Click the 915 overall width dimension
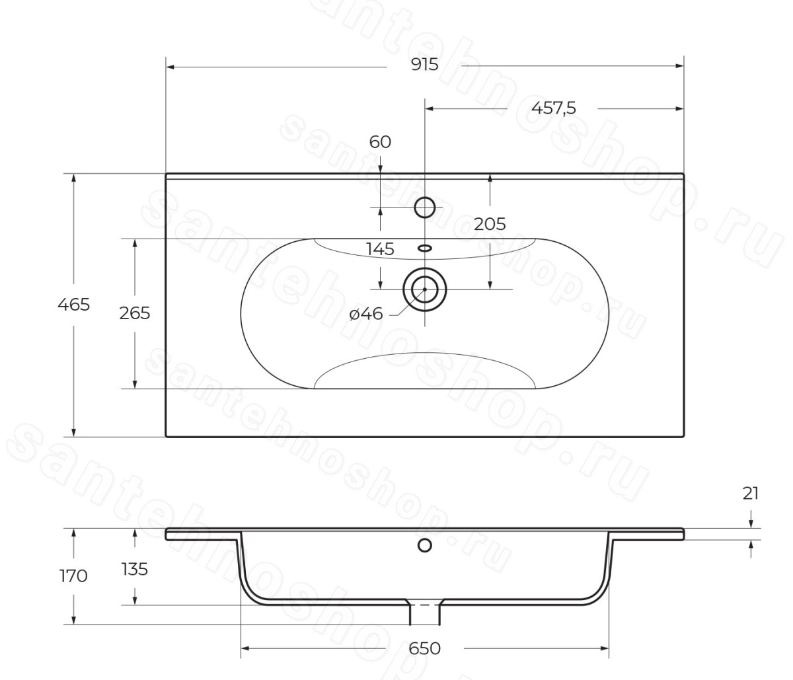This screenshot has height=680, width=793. [424, 65]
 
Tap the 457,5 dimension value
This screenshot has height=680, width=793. [554, 108]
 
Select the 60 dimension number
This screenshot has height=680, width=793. [380, 142]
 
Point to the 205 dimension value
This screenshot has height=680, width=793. [490, 224]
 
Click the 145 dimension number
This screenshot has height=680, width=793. [380, 249]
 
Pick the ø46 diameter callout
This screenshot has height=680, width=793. [366, 314]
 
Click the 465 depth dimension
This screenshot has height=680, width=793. [73, 305]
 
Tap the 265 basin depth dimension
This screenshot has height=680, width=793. [134, 313]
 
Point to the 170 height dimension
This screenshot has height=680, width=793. [73, 576]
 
